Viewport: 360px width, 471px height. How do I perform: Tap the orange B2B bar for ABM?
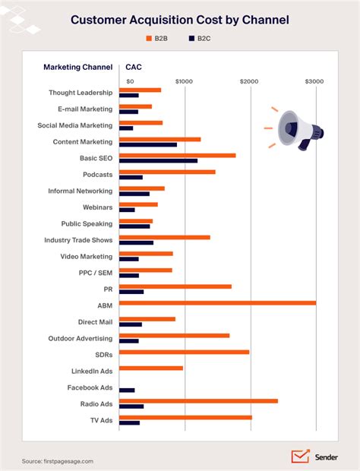click(x=217, y=302)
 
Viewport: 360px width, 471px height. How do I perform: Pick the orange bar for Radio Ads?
click(x=198, y=400)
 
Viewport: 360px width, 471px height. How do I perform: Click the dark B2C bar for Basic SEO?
click(x=158, y=160)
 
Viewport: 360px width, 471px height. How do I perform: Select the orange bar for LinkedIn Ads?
click(x=151, y=368)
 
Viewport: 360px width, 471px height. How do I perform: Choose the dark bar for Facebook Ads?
click(x=127, y=390)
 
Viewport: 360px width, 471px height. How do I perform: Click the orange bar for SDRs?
click(x=184, y=352)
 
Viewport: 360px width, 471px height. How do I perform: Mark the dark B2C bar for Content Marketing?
click(x=148, y=144)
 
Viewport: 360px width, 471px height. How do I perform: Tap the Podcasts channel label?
click(x=97, y=175)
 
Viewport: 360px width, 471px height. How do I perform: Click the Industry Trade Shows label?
click(x=77, y=240)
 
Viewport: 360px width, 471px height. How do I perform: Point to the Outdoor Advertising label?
click(x=80, y=338)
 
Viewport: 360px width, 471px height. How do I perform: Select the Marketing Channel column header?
click(x=77, y=67)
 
